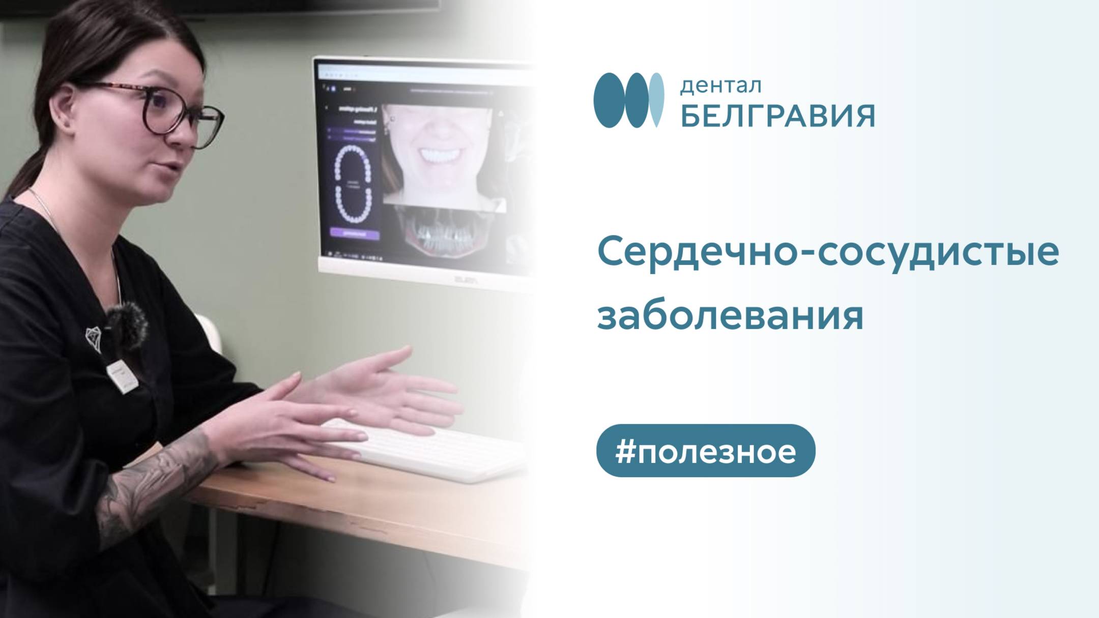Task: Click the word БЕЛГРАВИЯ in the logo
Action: click(x=777, y=116)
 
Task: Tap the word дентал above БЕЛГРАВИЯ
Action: click(x=720, y=86)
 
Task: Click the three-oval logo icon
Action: click(x=629, y=100)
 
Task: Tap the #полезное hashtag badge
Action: click(x=706, y=451)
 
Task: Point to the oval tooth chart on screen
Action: click(x=353, y=183)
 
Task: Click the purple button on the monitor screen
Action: click(x=355, y=233)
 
